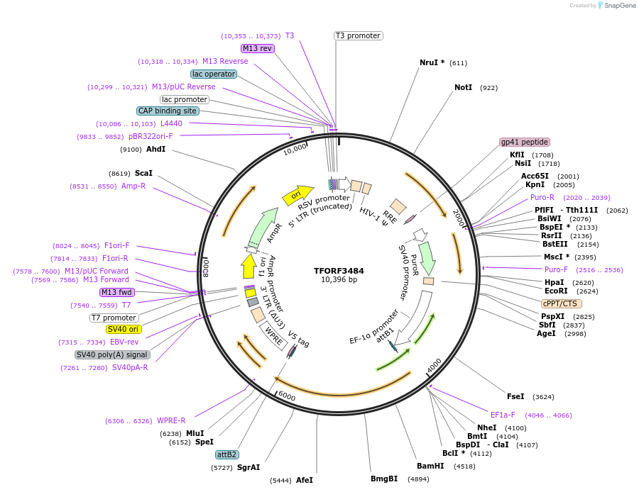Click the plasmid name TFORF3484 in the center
click(x=339, y=271)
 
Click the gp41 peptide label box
click(x=525, y=142)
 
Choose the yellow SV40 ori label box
click(x=124, y=329)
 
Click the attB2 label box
click(x=226, y=454)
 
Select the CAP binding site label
click(x=168, y=111)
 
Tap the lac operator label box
click(x=214, y=74)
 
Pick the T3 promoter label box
click(x=358, y=35)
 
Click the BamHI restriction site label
click(x=430, y=466)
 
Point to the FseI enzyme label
click(x=515, y=396)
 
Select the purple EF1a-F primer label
click(x=503, y=415)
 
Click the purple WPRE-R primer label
click(x=171, y=420)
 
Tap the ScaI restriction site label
click(x=143, y=173)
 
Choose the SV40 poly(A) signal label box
click(x=112, y=354)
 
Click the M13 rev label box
click(x=257, y=48)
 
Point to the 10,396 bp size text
click(x=339, y=280)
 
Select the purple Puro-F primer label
click(x=556, y=269)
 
